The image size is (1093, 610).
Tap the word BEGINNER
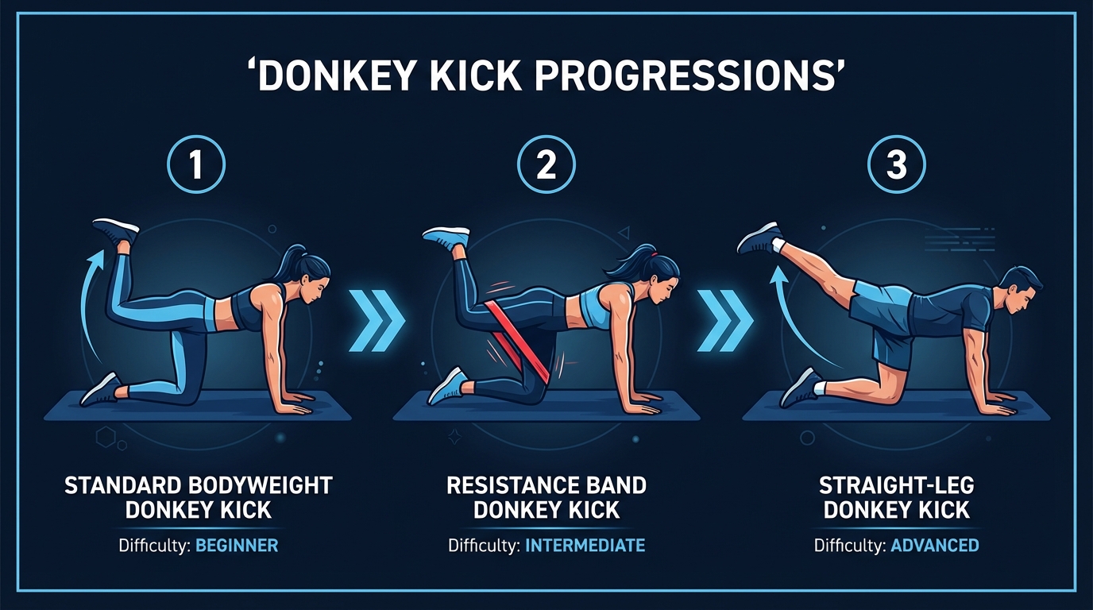coord(237,546)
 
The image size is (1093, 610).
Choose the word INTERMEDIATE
coord(585,546)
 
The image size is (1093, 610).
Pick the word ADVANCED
coord(934,546)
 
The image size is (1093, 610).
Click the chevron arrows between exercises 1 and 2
coord(377,322)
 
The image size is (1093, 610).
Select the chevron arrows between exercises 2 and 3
coord(724,322)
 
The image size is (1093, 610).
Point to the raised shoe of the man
coord(759,236)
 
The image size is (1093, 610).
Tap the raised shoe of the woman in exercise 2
coord(446,237)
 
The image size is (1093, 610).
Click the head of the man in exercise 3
coord(1018,290)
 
